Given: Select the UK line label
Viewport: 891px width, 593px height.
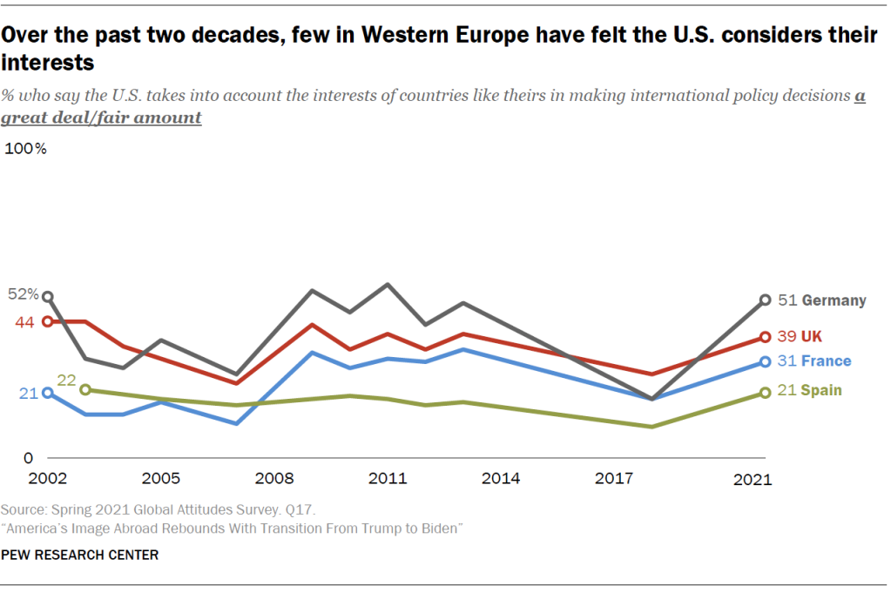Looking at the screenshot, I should click(x=812, y=336).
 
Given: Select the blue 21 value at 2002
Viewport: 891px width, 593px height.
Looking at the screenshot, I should click(x=28, y=394).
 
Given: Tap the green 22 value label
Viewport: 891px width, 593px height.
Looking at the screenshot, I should click(x=66, y=381).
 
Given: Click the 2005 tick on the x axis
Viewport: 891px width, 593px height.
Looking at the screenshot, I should click(x=161, y=479).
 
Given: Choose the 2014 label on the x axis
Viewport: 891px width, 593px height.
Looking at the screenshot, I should click(x=501, y=479).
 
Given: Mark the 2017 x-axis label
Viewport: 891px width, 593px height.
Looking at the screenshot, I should click(x=614, y=479).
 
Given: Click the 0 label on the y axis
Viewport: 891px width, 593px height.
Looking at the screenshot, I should click(x=28, y=458).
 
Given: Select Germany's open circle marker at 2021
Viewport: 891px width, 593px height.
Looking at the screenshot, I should click(x=766, y=300).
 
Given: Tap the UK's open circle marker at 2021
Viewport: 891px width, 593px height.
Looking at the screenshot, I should click(x=766, y=337).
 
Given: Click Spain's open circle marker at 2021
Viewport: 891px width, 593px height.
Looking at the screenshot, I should click(x=766, y=393).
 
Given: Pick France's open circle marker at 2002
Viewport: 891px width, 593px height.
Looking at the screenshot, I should click(x=48, y=393).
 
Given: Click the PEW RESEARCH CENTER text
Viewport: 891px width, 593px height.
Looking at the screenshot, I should click(x=80, y=555).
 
